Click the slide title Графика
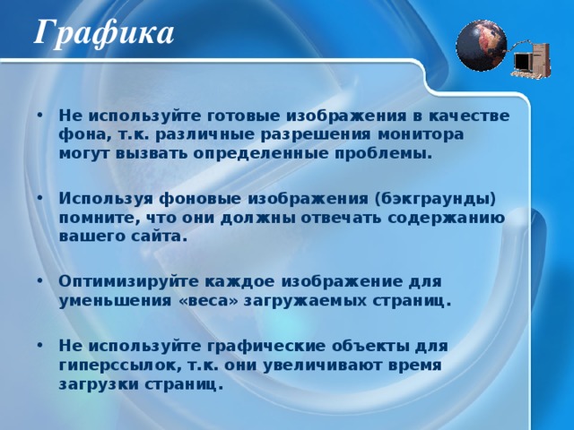click(x=104, y=33)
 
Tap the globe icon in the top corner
click(x=482, y=45)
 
